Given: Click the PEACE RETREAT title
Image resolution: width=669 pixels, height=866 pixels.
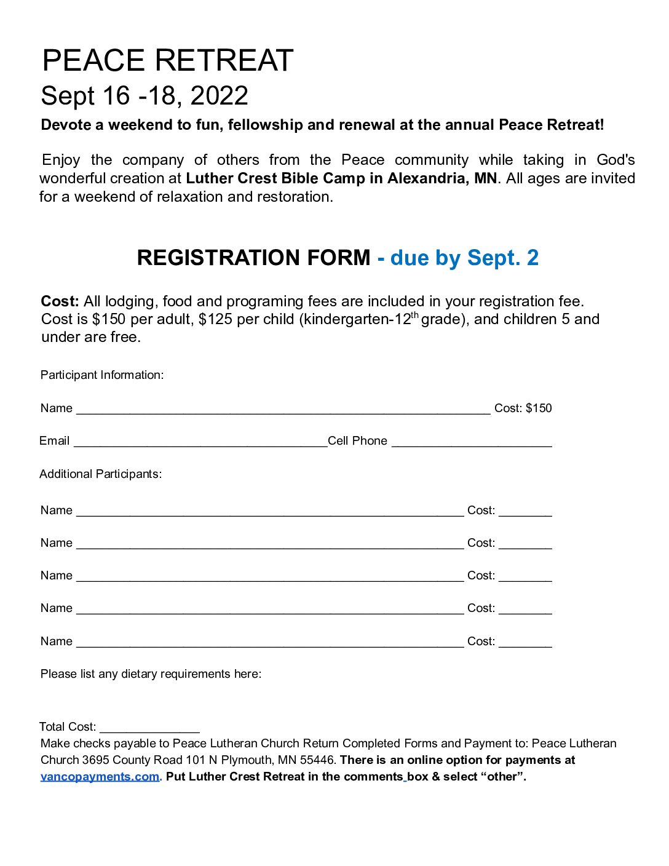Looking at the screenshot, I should tap(167, 60).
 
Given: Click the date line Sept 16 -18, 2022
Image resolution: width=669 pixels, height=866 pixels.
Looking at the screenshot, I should tap(144, 95).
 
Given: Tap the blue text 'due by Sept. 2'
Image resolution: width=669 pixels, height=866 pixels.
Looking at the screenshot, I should tap(464, 258).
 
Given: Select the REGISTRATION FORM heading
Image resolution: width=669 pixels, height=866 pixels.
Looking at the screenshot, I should tap(253, 258).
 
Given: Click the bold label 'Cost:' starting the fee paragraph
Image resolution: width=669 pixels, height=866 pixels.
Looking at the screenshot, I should tap(60, 301).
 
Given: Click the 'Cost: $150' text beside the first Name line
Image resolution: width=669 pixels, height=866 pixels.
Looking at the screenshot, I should tap(523, 408).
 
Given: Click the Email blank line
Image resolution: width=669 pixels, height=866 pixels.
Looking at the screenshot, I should tap(200, 443).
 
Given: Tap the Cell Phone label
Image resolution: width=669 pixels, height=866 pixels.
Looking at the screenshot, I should tap(357, 441).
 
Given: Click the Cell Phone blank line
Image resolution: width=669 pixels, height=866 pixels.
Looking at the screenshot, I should tap(472, 443).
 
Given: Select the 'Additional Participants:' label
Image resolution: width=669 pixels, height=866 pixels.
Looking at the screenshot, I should tap(100, 474).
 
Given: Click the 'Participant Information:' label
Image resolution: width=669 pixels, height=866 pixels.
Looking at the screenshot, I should tap(102, 375).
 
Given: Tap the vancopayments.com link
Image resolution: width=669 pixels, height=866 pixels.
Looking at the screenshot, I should tap(100, 777).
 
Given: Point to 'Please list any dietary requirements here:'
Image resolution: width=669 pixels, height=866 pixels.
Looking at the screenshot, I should tap(151, 674).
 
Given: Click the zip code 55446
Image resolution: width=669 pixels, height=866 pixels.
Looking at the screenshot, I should tap(317, 760).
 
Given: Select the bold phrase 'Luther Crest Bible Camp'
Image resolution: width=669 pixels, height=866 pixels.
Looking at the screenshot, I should tap(275, 178).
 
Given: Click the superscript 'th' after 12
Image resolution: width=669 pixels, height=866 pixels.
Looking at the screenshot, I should tap(414, 316).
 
